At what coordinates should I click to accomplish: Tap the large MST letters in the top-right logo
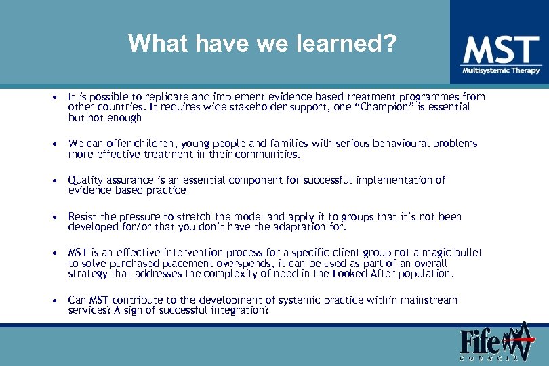(x=501, y=51)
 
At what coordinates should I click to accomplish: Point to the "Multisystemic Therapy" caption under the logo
(x=501, y=70)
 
